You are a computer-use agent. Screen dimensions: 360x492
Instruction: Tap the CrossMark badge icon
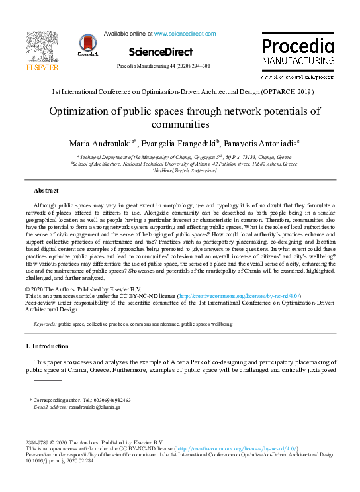(x=87, y=44)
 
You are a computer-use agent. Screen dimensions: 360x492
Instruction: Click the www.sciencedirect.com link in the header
(x=185, y=33)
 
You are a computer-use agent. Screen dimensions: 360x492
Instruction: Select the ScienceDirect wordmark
(x=161, y=52)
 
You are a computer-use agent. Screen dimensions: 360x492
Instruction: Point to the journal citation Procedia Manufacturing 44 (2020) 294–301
(x=163, y=66)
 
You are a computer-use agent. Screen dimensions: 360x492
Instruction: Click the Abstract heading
(x=46, y=191)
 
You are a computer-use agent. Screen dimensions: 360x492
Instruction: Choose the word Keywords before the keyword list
(x=45, y=324)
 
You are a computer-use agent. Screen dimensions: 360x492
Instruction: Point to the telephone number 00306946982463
(x=107, y=401)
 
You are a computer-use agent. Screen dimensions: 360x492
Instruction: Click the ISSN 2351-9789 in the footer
(x=36, y=442)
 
